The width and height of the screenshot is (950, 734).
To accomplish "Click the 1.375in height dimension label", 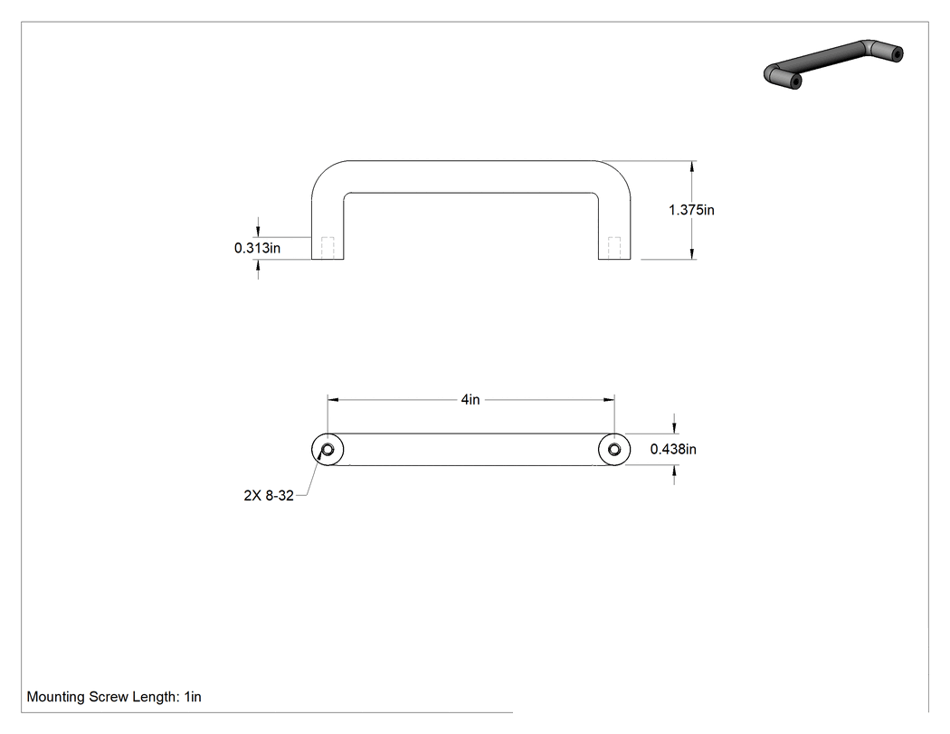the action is click(x=691, y=210).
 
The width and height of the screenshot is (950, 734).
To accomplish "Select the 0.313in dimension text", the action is click(x=258, y=248).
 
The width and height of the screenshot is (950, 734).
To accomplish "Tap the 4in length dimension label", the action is click(x=470, y=399).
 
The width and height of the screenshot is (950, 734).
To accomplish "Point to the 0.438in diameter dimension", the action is click(x=673, y=449).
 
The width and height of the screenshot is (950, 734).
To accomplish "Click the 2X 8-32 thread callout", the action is click(x=269, y=495).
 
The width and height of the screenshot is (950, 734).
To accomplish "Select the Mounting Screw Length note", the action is click(x=114, y=697).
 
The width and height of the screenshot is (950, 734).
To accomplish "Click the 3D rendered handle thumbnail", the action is click(x=833, y=63).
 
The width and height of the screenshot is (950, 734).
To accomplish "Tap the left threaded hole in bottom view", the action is click(x=328, y=450).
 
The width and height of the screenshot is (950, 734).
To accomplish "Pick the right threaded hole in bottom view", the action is click(x=614, y=450).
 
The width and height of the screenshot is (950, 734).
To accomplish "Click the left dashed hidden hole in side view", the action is click(x=328, y=248).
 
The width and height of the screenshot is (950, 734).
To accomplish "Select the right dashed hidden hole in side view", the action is click(x=614, y=248).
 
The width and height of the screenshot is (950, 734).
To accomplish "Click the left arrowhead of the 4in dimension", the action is click(x=333, y=400).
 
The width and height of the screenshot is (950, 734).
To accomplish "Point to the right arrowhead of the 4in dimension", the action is click(x=610, y=400).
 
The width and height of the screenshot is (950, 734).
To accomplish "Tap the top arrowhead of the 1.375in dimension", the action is click(x=692, y=166).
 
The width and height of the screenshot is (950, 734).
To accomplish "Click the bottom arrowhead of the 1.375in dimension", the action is click(x=692, y=254).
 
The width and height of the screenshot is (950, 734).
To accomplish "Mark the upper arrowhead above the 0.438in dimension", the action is click(x=675, y=428).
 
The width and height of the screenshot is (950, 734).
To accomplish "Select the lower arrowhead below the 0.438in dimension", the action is click(x=675, y=471).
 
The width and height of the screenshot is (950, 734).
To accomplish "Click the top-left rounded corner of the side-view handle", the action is click(x=322, y=172).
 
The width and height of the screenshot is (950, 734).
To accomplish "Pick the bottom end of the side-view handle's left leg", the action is click(x=328, y=260).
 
